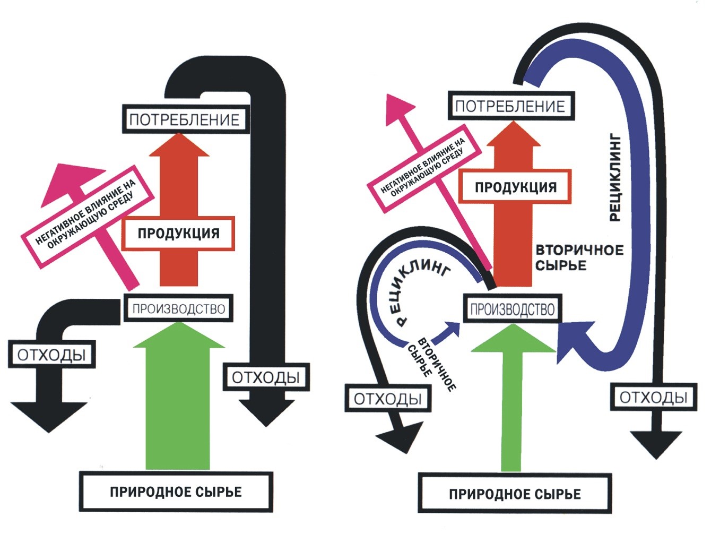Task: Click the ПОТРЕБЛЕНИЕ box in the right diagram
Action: [x=511, y=106]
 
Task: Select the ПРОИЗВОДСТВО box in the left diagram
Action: [x=178, y=308]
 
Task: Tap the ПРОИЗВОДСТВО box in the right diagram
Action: [x=513, y=308]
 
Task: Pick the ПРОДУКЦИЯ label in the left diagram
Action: [x=178, y=234]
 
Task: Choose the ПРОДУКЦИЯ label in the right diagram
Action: [x=515, y=187]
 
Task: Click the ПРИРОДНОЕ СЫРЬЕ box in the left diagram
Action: [x=176, y=492]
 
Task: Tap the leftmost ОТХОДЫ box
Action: [x=52, y=354]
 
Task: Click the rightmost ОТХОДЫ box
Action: [x=653, y=397]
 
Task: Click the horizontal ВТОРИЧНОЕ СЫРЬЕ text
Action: [x=579, y=258]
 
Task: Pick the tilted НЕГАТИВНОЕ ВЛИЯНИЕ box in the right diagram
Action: [x=424, y=168]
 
